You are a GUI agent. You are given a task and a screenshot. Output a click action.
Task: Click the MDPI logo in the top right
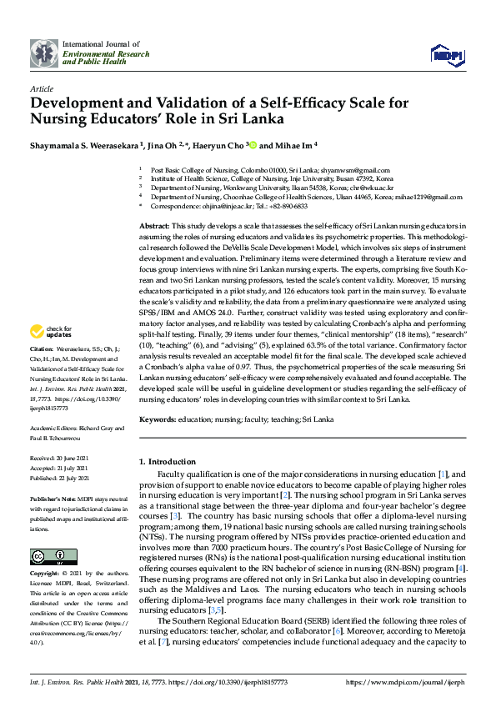click(x=446, y=54)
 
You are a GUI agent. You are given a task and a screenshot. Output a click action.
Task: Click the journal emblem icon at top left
click(x=43, y=53)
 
